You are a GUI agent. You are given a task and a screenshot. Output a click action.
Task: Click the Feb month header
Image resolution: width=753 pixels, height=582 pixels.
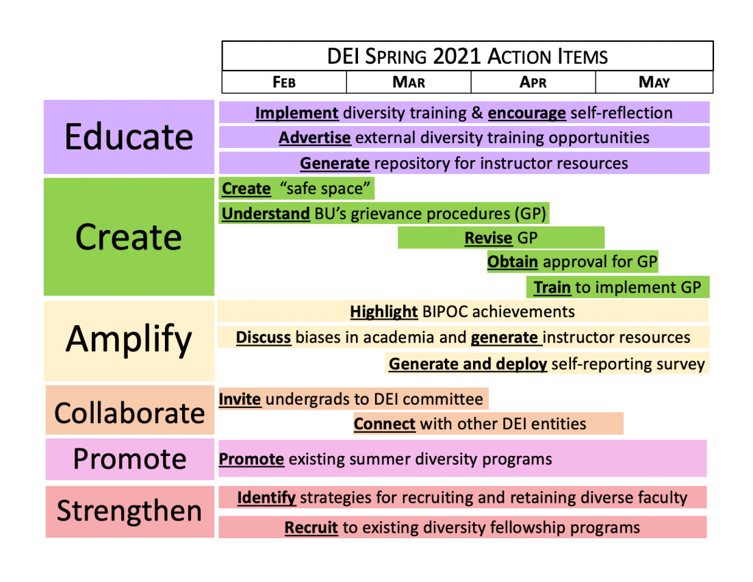pos(284,82)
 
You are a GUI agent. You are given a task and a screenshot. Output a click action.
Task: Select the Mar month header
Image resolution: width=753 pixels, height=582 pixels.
pos(409,82)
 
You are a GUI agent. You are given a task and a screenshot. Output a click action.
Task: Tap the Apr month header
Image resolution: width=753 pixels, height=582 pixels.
pos(533,82)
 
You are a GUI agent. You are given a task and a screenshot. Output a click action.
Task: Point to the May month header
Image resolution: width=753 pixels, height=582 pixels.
pos(654,82)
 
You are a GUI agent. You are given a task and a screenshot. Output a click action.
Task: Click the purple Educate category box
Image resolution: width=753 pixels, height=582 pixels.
pos(129,137)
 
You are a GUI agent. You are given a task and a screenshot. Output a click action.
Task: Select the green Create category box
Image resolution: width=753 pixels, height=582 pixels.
pos(129,237)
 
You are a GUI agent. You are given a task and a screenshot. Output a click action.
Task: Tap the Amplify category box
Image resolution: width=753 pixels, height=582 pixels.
pos(129,341)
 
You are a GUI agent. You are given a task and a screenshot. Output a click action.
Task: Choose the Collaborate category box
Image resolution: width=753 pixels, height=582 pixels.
pos(129,409)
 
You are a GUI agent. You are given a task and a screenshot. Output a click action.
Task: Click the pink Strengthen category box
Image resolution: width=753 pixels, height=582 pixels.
pos(129,511)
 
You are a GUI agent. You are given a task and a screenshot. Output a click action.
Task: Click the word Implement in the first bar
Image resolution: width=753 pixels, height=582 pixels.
pos(297,114)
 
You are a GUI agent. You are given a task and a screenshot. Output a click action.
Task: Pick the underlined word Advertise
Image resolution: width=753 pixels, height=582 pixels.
pos(315,138)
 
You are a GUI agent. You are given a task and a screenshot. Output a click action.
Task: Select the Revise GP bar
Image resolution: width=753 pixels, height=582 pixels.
pos(501,238)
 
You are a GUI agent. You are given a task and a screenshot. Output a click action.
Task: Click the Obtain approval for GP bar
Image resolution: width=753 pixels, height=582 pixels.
pos(572,262)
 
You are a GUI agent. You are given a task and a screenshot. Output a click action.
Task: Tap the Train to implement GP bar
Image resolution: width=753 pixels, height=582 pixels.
pos(617,287)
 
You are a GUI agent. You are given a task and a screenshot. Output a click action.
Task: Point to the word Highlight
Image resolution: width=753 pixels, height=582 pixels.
pos(384,312)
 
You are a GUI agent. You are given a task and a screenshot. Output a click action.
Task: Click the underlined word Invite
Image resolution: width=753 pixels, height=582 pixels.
pos(240,399)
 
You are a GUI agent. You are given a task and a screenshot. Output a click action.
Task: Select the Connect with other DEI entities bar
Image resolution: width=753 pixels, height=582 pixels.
pos(488,424)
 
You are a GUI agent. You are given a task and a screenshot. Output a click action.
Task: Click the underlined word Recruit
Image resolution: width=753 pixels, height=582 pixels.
pos(311,528)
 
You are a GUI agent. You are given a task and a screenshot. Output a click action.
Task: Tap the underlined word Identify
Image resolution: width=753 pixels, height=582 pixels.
pos(266,498)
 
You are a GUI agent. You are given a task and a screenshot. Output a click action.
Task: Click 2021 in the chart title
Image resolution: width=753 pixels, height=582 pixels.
pos(457,56)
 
